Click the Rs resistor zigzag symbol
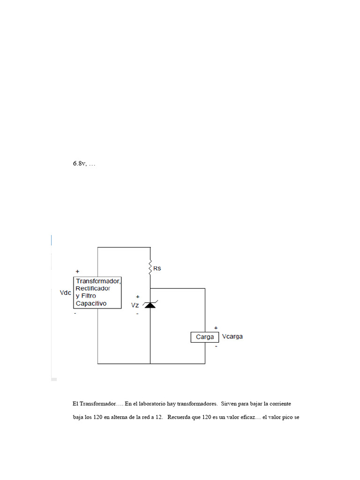(150, 269)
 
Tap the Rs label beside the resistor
(157, 269)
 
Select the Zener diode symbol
(150, 305)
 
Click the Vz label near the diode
(135, 305)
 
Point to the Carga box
(205, 337)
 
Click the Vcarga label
(232, 337)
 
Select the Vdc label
(65, 292)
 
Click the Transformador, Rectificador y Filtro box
(97, 292)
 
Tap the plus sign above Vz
(137, 297)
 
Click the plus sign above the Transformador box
(77, 271)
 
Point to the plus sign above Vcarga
(216, 328)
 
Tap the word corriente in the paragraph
(285, 403)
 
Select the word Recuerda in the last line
(180, 417)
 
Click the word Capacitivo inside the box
(91, 303)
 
